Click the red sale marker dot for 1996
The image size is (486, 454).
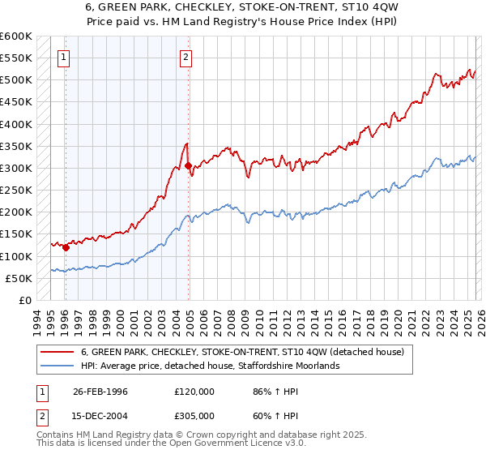tap(66, 247)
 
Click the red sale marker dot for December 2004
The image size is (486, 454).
tap(189, 166)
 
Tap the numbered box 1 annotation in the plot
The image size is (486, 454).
tap(64, 57)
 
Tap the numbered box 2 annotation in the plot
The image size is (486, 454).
tap(186, 57)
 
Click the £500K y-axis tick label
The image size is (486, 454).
tap(16, 80)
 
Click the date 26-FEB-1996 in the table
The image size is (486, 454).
tap(100, 391)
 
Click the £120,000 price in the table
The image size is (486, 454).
tap(194, 391)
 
